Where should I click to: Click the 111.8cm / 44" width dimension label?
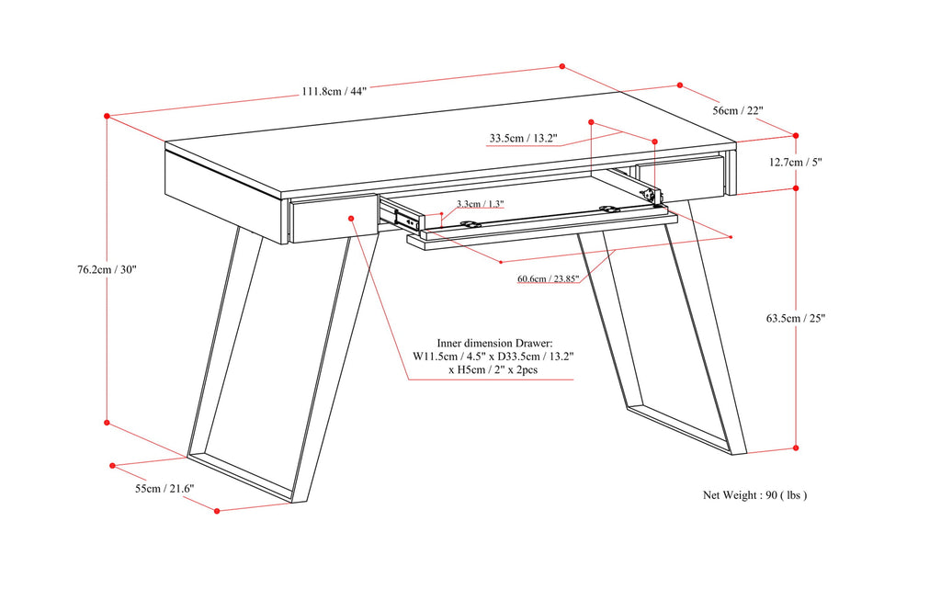pyautogui.click(x=334, y=91)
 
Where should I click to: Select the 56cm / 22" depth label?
pyautogui.click(x=739, y=110)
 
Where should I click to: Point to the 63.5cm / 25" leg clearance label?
pyautogui.click(x=796, y=319)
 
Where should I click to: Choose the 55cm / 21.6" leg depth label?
pyautogui.click(x=164, y=489)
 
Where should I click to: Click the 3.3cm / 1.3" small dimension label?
pyautogui.click(x=480, y=203)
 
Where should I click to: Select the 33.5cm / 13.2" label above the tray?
pyautogui.click(x=523, y=139)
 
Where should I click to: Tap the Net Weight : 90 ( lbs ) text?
pyautogui.click(x=754, y=494)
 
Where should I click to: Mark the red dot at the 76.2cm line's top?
pyautogui.click(x=108, y=117)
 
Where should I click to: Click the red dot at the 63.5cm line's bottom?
pyautogui.click(x=795, y=447)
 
